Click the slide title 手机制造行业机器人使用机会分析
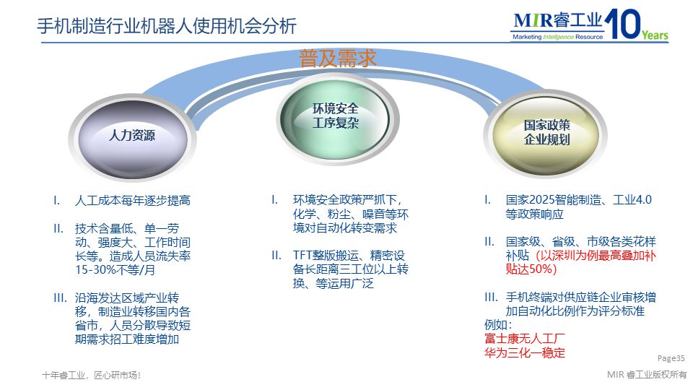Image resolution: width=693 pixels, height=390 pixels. [166, 27]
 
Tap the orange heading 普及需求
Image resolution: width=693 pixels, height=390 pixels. [338, 58]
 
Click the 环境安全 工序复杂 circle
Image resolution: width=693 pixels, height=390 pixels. [336, 116]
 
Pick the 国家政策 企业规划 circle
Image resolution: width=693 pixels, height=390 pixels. [546, 132]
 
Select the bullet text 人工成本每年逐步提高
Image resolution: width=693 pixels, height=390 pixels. [132, 201]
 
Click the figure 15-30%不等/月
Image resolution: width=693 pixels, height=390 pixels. [115, 270]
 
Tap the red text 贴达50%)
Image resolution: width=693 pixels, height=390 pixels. [531, 269]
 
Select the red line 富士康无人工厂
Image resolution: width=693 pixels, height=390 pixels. [524, 339]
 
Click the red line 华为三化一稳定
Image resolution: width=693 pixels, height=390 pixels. [524, 352]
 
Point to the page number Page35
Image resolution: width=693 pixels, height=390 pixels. [671, 357]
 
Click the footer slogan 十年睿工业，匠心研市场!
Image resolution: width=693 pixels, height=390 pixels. [91, 376]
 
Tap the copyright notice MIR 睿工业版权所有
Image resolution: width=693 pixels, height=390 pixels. [648, 374]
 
